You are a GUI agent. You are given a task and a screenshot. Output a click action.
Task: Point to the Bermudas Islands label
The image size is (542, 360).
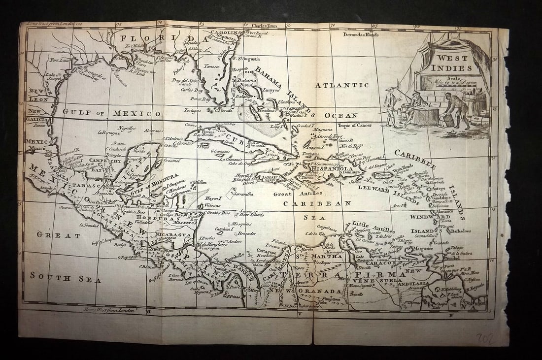[x=361, y=35]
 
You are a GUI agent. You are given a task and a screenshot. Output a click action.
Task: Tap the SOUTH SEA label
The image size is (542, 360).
[x=66, y=277]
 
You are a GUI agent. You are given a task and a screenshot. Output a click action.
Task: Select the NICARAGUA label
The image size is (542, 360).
[x=172, y=234]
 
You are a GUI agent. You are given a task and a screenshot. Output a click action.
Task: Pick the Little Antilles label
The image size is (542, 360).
[x=373, y=227]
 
